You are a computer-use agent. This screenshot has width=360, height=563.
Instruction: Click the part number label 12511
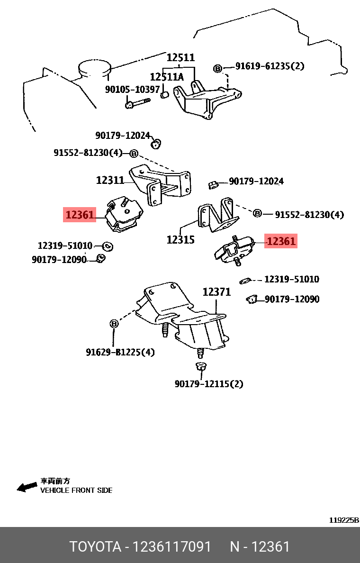(x=180, y=57)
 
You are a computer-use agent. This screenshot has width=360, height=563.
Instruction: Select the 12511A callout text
(x=167, y=77)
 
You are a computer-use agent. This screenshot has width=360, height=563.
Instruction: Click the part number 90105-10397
(x=132, y=89)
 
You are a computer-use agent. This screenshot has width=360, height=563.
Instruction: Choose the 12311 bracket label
(x=110, y=180)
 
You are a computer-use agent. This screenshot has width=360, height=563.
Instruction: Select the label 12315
(x=180, y=240)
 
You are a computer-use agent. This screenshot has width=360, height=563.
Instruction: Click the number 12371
(x=216, y=292)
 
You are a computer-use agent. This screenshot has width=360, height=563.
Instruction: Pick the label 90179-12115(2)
(x=208, y=384)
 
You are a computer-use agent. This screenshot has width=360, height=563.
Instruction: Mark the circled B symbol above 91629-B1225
(x=114, y=324)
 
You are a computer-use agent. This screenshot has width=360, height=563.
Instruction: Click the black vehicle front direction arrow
(x=27, y=487)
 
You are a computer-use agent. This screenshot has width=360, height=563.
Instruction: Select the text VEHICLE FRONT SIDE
(x=76, y=490)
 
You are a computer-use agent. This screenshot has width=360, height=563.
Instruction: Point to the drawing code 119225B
(x=343, y=520)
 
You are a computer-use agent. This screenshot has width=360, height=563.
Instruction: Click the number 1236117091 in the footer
(x=172, y=546)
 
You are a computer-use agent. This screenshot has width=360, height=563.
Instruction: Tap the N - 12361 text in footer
(x=260, y=546)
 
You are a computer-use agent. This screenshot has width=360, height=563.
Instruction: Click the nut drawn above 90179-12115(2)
(x=200, y=367)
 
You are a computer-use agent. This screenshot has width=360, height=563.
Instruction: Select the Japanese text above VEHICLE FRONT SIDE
(x=55, y=481)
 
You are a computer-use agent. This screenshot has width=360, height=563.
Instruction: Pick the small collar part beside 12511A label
(x=165, y=94)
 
